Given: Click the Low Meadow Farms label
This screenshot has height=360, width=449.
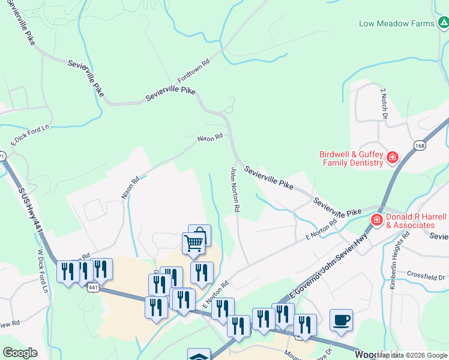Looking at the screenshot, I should pos(396,23).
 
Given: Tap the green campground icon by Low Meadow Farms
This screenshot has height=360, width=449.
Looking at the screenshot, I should pos(443,23).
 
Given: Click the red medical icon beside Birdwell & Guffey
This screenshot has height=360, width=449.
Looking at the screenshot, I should pos(393,157).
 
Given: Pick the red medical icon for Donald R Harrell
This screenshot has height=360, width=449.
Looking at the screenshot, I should pos(377,220).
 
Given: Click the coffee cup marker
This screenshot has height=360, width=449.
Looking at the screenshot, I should pos(341,319).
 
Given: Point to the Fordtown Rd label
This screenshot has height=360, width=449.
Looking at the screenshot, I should pos(193,71).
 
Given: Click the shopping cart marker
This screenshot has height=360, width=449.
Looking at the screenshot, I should pos(194,243).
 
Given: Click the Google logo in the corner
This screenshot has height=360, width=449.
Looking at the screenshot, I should pos(20,353).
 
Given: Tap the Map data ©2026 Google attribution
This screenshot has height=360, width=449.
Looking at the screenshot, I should pos(412,355).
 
